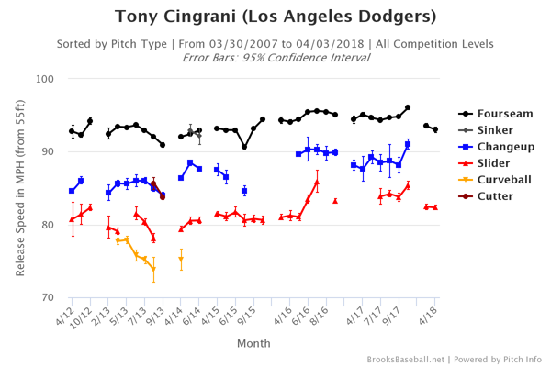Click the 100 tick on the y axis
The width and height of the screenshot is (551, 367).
point(49,79)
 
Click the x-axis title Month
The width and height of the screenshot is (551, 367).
point(253,343)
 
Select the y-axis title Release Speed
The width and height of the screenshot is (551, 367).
point(19,188)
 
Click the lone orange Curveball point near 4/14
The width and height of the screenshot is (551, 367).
point(181,259)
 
